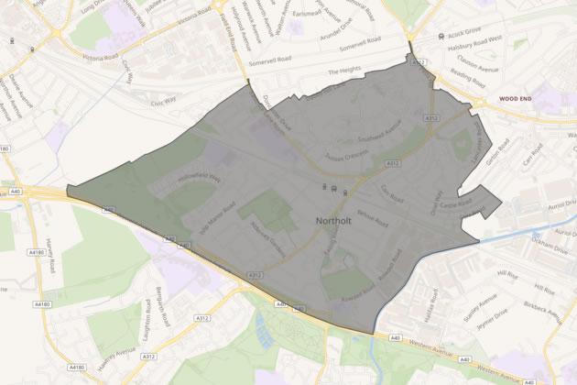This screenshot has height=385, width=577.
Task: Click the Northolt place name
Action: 340,222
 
